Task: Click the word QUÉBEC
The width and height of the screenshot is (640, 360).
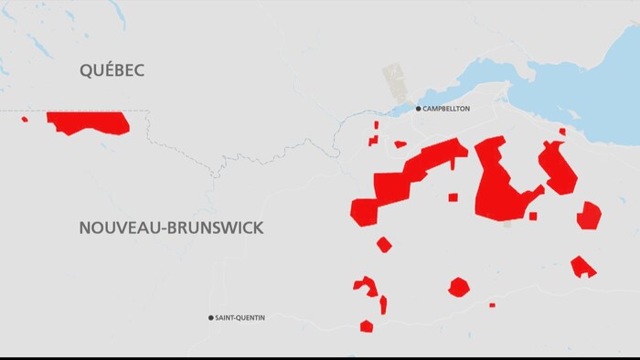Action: coord(112,69)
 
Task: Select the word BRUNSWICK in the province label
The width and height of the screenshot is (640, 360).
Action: coord(214,228)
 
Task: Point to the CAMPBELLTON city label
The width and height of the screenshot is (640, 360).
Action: coord(446,109)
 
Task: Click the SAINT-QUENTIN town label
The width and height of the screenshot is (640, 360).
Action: coord(240,318)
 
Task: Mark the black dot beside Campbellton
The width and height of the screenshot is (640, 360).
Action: coord(419,109)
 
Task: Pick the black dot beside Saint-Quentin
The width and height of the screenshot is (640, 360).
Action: coord(211,318)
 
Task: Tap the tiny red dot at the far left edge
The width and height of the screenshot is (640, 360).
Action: coord(25,119)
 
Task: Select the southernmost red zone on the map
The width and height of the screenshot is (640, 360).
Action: coord(367,326)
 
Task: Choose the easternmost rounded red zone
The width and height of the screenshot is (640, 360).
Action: coord(589,216)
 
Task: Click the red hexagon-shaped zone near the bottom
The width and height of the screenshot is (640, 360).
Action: coord(458,287)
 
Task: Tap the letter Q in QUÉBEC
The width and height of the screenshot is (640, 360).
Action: coord(88,69)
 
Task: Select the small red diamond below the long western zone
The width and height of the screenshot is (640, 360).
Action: coord(384,244)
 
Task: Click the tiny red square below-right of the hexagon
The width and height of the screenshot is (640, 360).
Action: coord(492,305)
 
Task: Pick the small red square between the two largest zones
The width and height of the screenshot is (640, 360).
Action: coord(453,197)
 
